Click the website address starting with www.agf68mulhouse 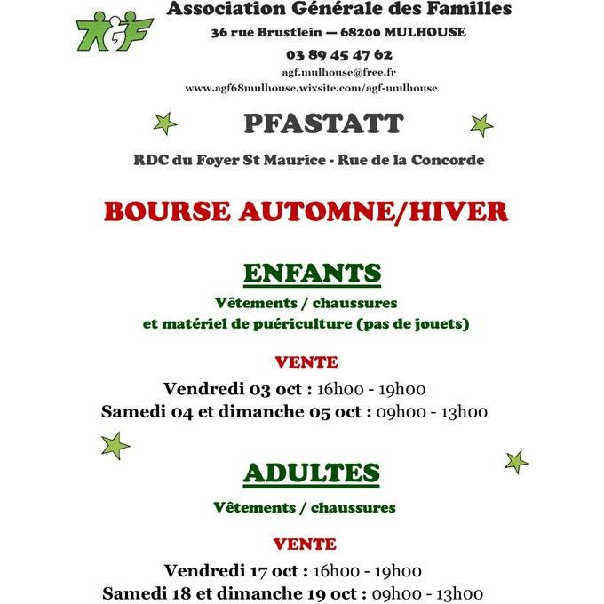point(311,88)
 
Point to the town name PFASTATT point(323,123)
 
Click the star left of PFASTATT point(164,123)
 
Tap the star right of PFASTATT point(481,124)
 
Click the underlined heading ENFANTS point(312,273)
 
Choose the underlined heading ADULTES point(311,473)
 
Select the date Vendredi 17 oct point(236,570)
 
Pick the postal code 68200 point(371,32)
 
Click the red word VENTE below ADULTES point(305,544)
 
